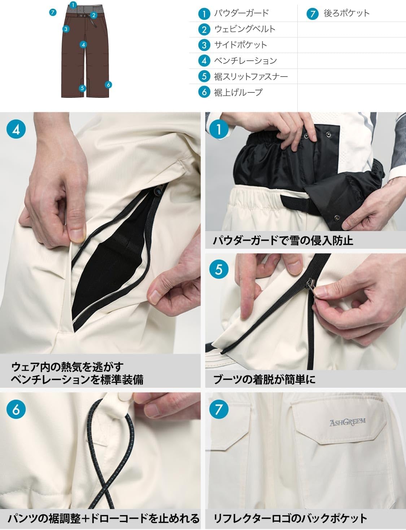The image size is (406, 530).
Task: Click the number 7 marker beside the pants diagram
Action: pyautogui.click(x=53, y=12)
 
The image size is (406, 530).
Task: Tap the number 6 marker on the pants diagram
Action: pyautogui.click(x=108, y=85)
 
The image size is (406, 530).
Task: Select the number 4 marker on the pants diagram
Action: pyautogui.click(x=83, y=45)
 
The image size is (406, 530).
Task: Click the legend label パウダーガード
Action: pyautogui.click(x=241, y=13)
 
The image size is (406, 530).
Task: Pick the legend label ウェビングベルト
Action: pyautogui.click(x=244, y=29)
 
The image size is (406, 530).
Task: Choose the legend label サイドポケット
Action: pyautogui.click(x=240, y=45)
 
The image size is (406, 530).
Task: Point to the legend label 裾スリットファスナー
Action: pyautogui.click(x=251, y=77)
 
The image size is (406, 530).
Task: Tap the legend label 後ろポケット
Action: pyautogui.click(x=346, y=13)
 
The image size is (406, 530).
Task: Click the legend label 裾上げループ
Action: pyautogui.click(x=238, y=92)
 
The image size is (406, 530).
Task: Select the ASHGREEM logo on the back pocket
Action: pyautogui.click(x=347, y=422)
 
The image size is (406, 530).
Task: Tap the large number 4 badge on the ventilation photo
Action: pyautogui.click(x=16, y=129)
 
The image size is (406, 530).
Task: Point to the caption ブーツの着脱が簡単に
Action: pyautogui.click(x=264, y=379)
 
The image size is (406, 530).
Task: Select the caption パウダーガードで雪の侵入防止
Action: pyautogui.click(x=283, y=240)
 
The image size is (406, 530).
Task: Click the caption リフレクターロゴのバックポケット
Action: pyautogui.click(x=290, y=519)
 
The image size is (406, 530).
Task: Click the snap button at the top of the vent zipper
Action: pyautogui.click(x=159, y=190)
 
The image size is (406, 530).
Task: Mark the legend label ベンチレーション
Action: pyautogui.click(x=245, y=61)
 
